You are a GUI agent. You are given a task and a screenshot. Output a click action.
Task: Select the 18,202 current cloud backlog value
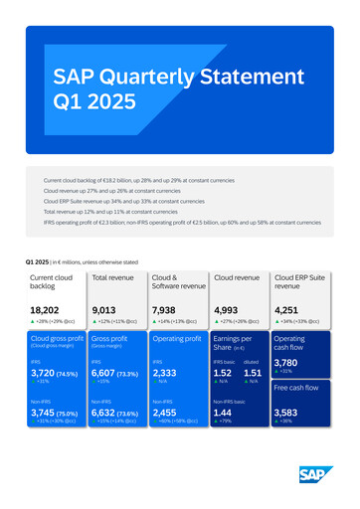click(x=47, y=311)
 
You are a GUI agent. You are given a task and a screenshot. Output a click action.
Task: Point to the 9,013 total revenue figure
click(x=106, y=311)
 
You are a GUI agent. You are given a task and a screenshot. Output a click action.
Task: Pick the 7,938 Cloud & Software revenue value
click(x=167, y=311)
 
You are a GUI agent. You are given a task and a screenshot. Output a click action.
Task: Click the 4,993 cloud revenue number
click(x=230, y=311)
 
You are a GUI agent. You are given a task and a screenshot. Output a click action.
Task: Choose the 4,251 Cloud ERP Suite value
click(x=291, y=311)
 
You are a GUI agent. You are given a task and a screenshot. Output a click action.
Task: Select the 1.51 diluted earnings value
click(x=254, y=373)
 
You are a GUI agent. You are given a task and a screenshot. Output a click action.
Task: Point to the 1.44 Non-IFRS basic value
click(x=224, y=412)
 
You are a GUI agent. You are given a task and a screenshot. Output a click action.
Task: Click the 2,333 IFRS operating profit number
click(x=166, y=373)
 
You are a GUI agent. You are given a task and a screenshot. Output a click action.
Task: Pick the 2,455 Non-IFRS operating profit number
click(x=166, y=412)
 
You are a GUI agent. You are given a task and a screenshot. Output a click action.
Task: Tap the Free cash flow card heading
click(x=295, y=387)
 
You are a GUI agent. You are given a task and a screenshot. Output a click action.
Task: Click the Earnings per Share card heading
click(x=235, y=343)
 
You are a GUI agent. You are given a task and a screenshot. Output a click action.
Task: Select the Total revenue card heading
click(x=113, y=278)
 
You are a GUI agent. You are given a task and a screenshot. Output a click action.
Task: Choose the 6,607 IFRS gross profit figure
click(x=105, y=373)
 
